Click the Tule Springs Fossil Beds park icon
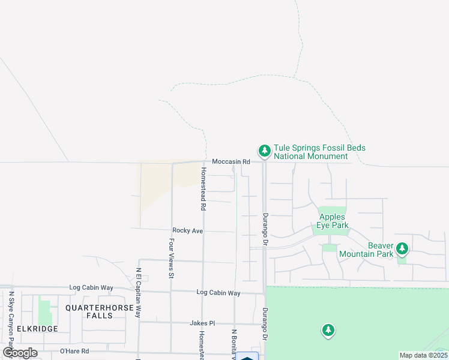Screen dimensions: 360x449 (x=264, y=150)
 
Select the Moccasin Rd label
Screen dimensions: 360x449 (x=231, y=162)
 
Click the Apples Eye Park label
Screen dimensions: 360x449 (x=333, y=221)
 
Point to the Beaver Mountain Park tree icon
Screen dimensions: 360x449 (x=402, y=247)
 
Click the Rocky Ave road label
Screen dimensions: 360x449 (x=188, y=230)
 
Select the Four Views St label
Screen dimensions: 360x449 (x=171, y=259)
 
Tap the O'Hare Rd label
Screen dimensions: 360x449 (x=74, y=351)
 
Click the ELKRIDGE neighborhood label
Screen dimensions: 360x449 (x=37, y=329)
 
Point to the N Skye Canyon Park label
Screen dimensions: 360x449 (x=11, y=318)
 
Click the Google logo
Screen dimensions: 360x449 (x=20, y=352)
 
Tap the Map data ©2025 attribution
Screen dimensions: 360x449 (x=423, y=355)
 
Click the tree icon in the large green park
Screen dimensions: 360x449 (x=328, y=329)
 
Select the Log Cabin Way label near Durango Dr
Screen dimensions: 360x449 (x=218, y=293)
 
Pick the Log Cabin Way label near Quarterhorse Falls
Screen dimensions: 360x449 (x=91, y=288)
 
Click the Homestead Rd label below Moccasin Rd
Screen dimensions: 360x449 (x=203, y=188)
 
